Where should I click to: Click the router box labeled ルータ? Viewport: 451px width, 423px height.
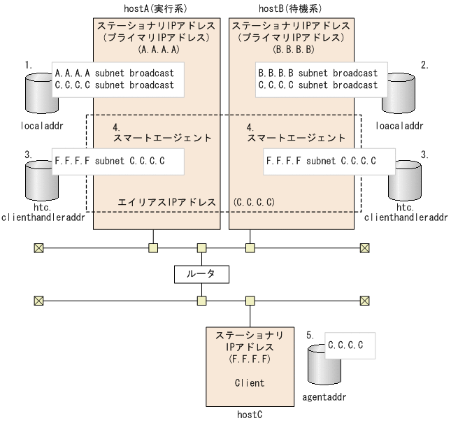point(201,274)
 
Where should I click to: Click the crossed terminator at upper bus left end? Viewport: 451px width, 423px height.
point(38,248)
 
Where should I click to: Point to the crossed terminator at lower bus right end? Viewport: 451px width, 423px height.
point(364,301)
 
